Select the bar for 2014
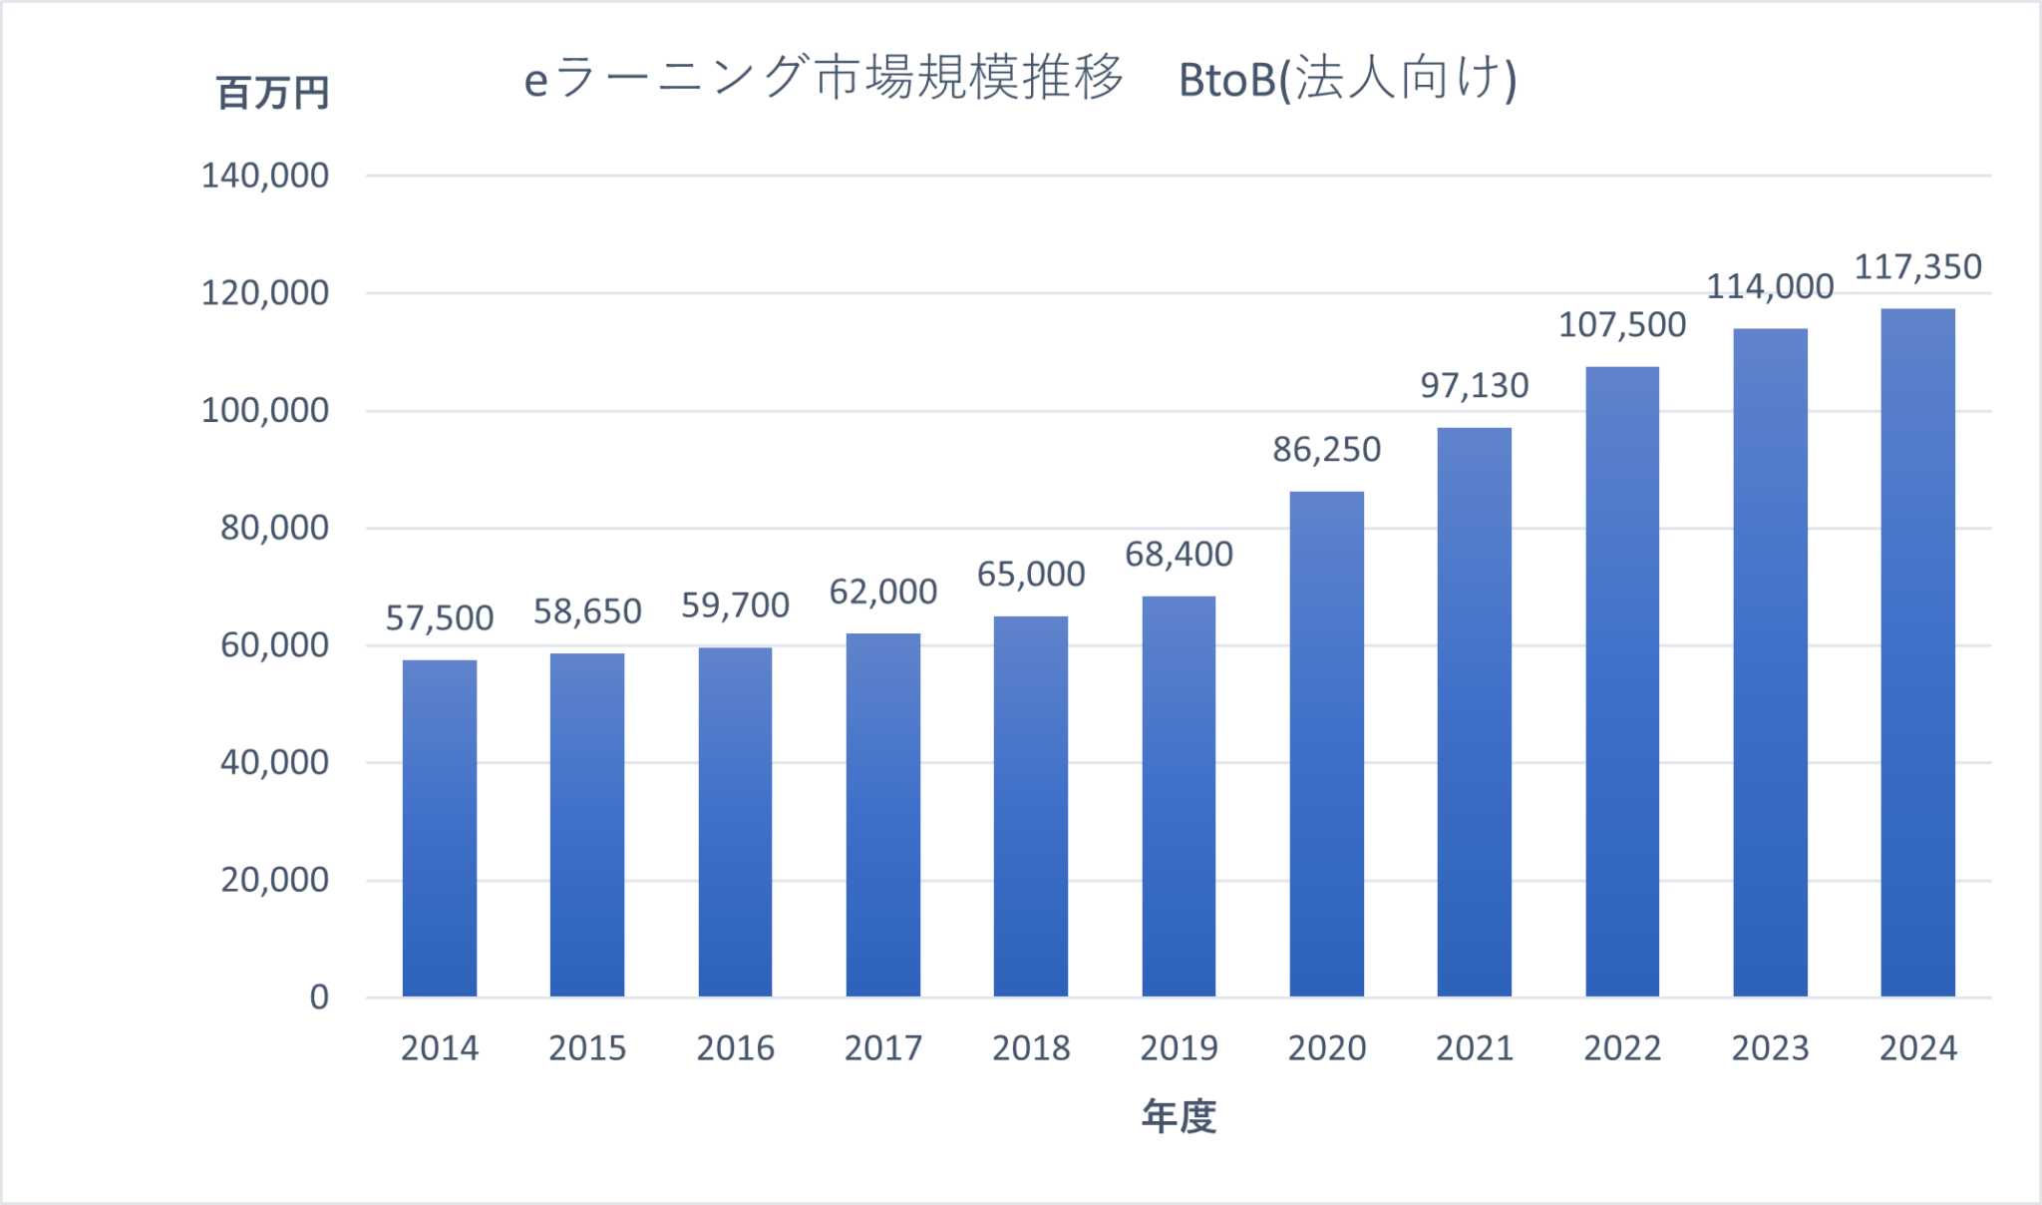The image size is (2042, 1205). tap(440, 828)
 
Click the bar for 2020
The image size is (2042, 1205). tap(1326, 744)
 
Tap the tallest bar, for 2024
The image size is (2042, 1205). tap(1917, 652)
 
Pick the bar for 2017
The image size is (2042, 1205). tap(882, 815)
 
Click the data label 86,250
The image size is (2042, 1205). tap(1326, 450)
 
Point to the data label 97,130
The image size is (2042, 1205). tap(1474, 385)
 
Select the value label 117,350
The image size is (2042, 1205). tap(1917, 267)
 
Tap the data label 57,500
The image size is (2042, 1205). tap(440, 618)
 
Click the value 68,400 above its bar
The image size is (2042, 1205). tap(1179, 554)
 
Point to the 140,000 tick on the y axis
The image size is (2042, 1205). tap(265, 176)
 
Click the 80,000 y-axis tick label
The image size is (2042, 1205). tap(274, 528)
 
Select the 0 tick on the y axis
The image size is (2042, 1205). tap(319, 997)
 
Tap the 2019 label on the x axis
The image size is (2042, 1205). tap(1179, 1048)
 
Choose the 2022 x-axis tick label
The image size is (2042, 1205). tap(1622, 1048)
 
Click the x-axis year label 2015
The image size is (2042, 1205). tap(587, 1048)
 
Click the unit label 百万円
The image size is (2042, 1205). tap(272, 94)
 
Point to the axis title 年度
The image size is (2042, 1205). tap(1179, 1116)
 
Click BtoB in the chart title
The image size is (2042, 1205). tap(1226, 80)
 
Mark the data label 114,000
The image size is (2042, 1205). tap(1770, 287)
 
